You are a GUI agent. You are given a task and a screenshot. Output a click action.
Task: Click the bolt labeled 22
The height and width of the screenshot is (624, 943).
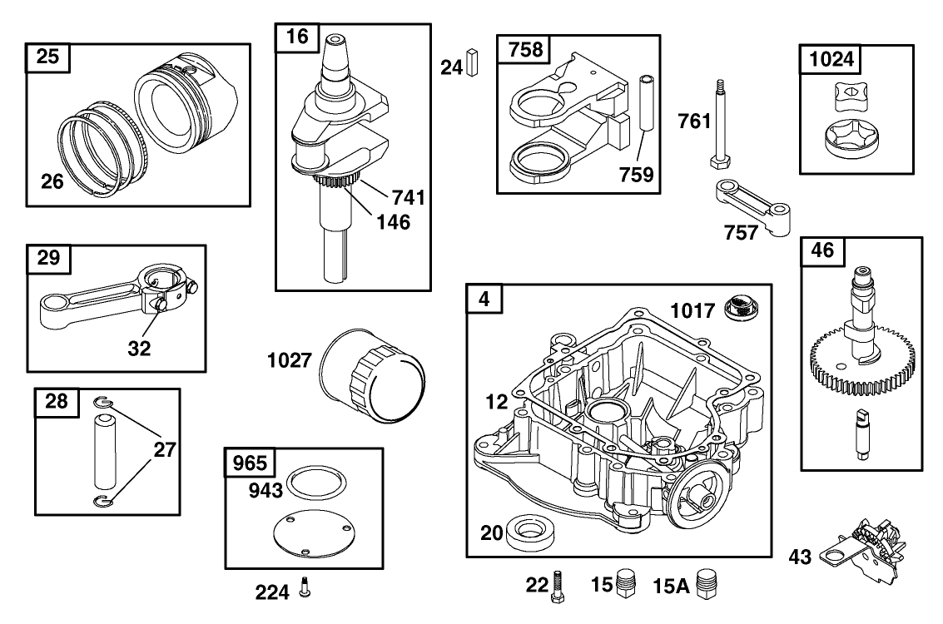557,587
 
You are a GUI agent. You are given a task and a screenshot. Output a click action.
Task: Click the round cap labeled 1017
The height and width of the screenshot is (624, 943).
740,309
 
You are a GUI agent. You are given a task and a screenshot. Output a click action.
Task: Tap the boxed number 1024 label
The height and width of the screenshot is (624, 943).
830,60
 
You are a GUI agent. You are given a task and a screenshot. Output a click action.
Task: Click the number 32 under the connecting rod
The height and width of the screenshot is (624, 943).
140,349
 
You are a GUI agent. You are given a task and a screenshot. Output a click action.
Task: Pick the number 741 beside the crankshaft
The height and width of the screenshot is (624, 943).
408,197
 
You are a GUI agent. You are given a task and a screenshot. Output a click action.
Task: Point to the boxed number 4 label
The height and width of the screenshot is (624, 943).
484,298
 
